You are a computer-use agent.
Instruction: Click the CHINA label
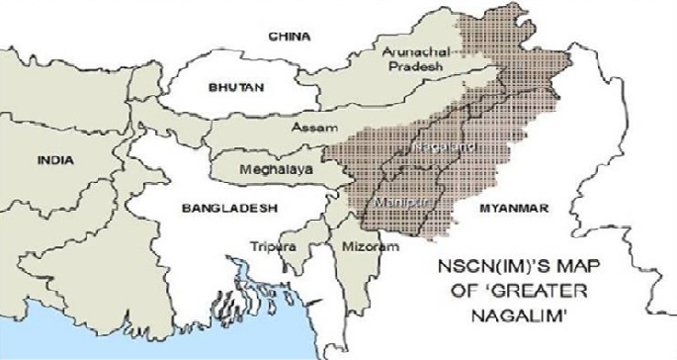[x=291, y=37]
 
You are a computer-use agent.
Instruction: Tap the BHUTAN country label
[x=236, y=88]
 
